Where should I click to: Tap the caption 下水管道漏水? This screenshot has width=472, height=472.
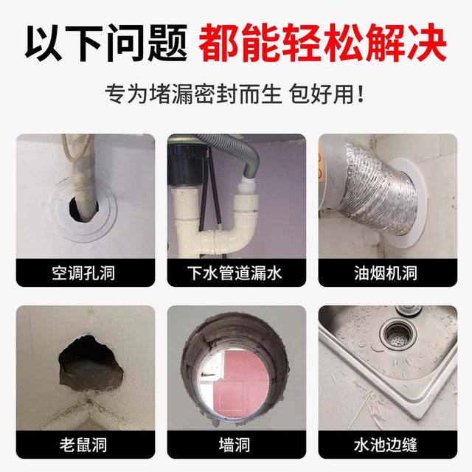[x=235, y=273]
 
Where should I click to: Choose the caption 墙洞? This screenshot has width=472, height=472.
[x=235, y=445]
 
